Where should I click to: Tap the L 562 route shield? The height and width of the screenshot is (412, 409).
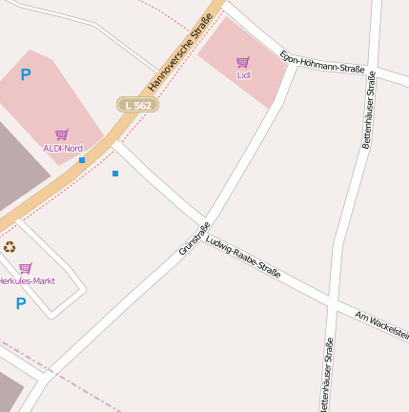pos(137,105)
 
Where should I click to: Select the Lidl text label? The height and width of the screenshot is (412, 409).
pos(243,74)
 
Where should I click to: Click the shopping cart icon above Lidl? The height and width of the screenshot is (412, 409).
pos(243,62)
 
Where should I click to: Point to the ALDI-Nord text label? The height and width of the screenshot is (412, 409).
pos(63,148)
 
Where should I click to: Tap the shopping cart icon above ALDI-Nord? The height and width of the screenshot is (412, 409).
pos(62,134)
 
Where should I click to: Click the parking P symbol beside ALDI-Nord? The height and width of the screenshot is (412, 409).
pos(26,74)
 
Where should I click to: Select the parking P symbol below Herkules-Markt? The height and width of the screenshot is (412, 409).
pos(21,303)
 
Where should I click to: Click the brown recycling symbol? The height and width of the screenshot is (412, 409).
pos(10,247)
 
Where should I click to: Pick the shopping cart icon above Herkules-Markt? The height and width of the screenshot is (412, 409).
pos(26,268)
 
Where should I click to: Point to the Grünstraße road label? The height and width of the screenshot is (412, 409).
pos(194,238)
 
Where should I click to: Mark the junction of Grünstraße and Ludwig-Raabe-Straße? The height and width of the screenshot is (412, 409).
pos(205,219)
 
